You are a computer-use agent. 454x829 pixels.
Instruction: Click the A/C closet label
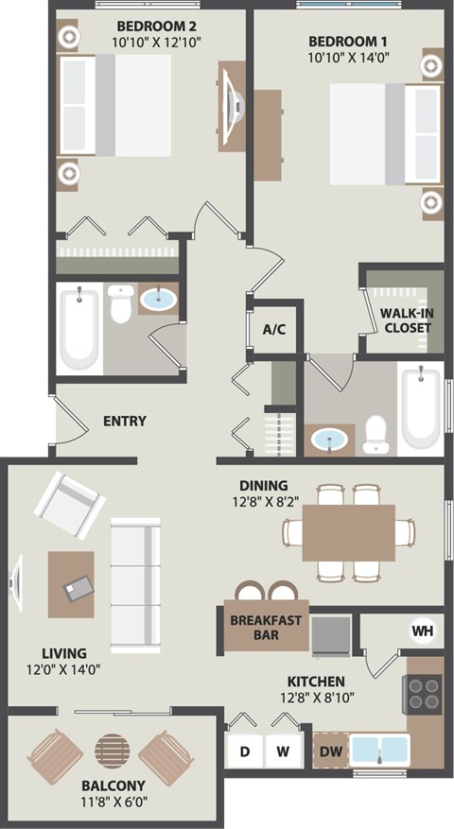pyautogui.click(x=274, y=330)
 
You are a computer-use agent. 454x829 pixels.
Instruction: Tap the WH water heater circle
pyautogui.click(x=420, y=630)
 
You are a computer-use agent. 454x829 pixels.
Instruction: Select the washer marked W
pyautogui.click(x=282, y=752)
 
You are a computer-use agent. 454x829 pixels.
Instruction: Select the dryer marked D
pyautogui.click(x=244, y=752)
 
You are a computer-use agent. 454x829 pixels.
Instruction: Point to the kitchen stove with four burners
pyautogui.click(x=424, y=695)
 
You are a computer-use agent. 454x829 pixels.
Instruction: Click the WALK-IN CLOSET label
pyautogui.click(x=407, y=320)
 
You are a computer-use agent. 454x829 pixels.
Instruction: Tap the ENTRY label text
pyautogui.click(x=124, y=421)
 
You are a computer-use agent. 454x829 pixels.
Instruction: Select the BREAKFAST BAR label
pyautogui.click(x=266, y=628)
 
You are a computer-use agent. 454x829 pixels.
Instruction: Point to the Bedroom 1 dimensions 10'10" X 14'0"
pyautogui.click(x=347, y=58)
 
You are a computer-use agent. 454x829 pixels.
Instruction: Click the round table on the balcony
pyautogui.click(x=114, y=753)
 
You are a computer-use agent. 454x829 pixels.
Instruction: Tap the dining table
pyautogui.click(x=348, y=531)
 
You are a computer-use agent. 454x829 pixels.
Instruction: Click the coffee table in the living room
pyautogui.click(x=71, y=584)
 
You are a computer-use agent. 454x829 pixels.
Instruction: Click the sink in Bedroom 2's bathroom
pyautogui.click(x=158, y=300)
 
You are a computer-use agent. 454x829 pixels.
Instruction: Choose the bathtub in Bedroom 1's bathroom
pyautogui.click(x=420, y=408)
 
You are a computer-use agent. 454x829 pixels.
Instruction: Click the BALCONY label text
pyautogui.click(x=113, y=786)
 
